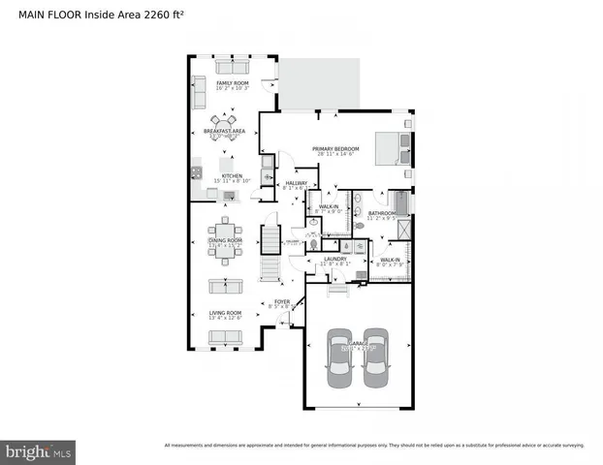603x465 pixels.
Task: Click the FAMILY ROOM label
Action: [x=233, y=84]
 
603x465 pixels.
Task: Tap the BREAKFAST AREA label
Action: [x=224, y=131]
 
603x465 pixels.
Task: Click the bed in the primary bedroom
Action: [x=393, y=147]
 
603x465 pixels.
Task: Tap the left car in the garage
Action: [x=339, y=357]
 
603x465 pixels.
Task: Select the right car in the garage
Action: [x=375, y=357]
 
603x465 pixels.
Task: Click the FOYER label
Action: [x=282, y=301]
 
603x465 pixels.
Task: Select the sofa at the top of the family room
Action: [x=231, y=66]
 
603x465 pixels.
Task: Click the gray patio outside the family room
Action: [x=319, y=83]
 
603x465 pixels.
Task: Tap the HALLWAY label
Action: [x=296, y=183]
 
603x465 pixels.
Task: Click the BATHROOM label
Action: [x=381, y=213]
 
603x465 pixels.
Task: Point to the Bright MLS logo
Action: [x=39, y=450]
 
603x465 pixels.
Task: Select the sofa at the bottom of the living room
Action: [x=225, y=336]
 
